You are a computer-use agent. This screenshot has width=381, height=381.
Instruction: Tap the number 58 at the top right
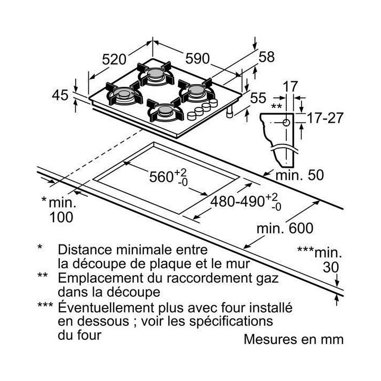point(267,57)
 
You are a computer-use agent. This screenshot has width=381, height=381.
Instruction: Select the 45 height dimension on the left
point(61,95)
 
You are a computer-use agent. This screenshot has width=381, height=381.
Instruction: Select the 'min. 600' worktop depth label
point(285,228)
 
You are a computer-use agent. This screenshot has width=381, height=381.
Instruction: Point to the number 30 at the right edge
point(331,268)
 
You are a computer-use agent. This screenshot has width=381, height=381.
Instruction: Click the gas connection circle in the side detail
point(287,123)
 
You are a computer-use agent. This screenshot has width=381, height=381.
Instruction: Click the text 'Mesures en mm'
point(293,339)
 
